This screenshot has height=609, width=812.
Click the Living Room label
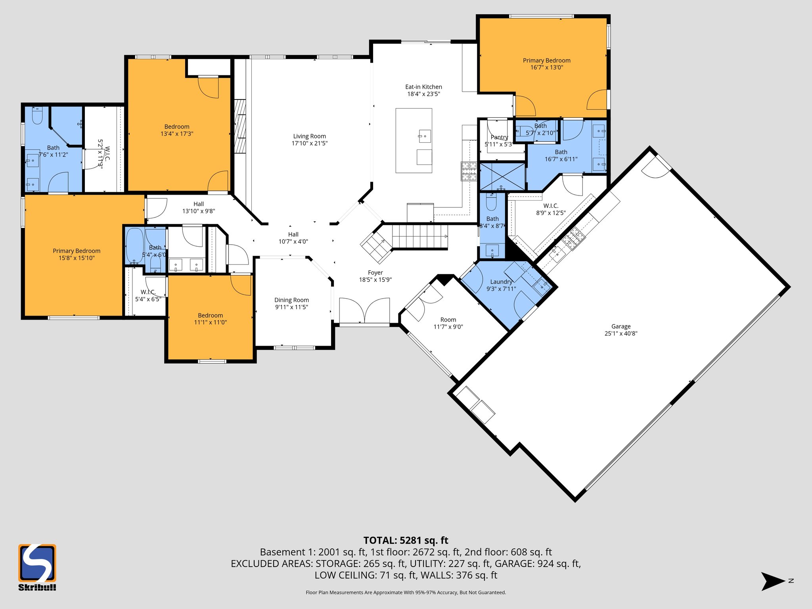pyautogui.click(x=309, y=136)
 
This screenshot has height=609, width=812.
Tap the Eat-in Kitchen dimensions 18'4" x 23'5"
pyautogui.click(x=423, y=94)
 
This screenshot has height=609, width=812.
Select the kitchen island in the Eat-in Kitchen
pyautogui.click(x=414, y=141)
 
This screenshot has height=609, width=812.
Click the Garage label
pyautogui.click(x=620, y=326)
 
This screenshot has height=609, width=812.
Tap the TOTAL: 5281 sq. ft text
pyautogui.click(x=406, y=540)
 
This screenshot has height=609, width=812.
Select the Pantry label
pyautogui.click(x=499, y=137)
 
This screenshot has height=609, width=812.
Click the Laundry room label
pyautogui.click(x=501, y=282)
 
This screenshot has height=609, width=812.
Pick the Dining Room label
pyautogui.click(x=291, y=300)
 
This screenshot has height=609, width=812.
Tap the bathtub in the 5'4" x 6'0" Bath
pyautogui.click(x=134, y=246)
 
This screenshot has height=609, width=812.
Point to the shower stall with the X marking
pyautogui.click(x=502, y=176)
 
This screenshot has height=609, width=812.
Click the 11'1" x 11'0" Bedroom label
pyautogui.click(x=210, y=316)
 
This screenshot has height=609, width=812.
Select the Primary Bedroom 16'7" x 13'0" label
pyautogui.click(x=546, y=61)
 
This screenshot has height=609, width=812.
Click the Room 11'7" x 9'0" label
pyautogui.click(x=448, y=320)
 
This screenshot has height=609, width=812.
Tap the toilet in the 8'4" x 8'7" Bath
pyautogui.click(x=491, y=202)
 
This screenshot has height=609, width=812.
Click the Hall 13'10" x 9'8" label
pyautogui.click(x=199, y=204)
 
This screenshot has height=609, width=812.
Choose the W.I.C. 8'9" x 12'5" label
pyautogui.click(x=550, y=206)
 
